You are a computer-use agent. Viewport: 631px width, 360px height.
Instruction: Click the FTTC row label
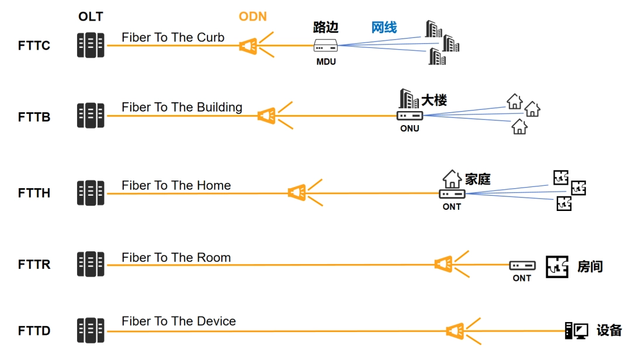(x=34, y=46)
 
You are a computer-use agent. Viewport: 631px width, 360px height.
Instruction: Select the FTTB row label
(x=34, y=117)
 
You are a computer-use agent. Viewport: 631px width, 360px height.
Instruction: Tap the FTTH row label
(x=34, y=193)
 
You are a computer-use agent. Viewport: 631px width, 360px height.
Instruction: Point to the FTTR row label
(x=34, y=264)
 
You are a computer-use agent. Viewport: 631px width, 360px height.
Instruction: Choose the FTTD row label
(x=34, y=331)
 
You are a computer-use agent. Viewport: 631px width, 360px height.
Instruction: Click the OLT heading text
(x=91, y=16)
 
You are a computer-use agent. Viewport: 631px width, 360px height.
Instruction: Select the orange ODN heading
(x=253, y=16)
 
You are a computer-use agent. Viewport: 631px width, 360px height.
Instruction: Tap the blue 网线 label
(x=384, y=27)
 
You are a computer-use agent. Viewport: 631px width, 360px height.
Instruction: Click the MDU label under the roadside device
(x=326, y=61)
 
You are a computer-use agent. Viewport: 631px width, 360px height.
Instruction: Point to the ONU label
(x=410, y=129)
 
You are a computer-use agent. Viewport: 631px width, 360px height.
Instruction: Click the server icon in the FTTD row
(x=91, y=331)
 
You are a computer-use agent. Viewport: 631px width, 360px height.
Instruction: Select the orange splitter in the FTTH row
(x=297, y=192)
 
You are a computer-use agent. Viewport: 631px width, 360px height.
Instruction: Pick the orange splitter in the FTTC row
(x=249, y=45)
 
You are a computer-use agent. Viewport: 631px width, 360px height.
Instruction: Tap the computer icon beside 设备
(x=576, y=331)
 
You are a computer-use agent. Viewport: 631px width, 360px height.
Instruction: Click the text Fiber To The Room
(x=176, y=257)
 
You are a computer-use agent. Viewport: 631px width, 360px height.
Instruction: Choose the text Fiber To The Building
(x=182, y=107)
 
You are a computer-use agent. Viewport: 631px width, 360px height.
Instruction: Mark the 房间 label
(x=590, y=266)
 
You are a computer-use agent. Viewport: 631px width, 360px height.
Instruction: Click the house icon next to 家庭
(x=452, y=178)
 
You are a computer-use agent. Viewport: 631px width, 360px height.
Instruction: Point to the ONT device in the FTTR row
(x=522, y=265)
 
